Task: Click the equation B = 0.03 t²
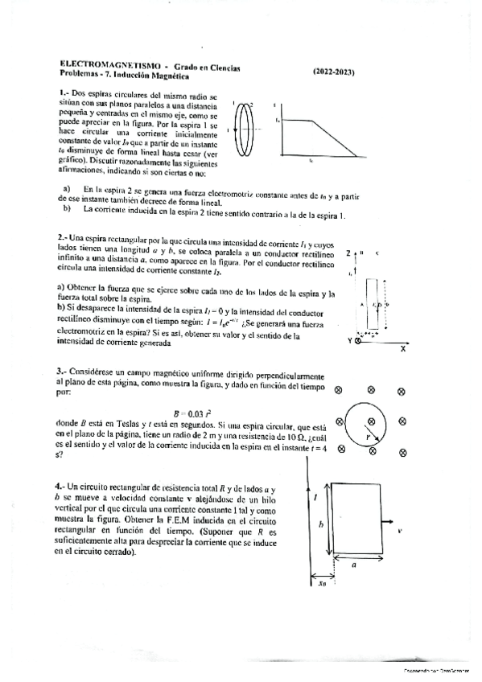point(189,411)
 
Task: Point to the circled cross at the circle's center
point(371,419)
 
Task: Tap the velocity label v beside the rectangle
point(399,532)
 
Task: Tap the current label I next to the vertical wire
point(317,499)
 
